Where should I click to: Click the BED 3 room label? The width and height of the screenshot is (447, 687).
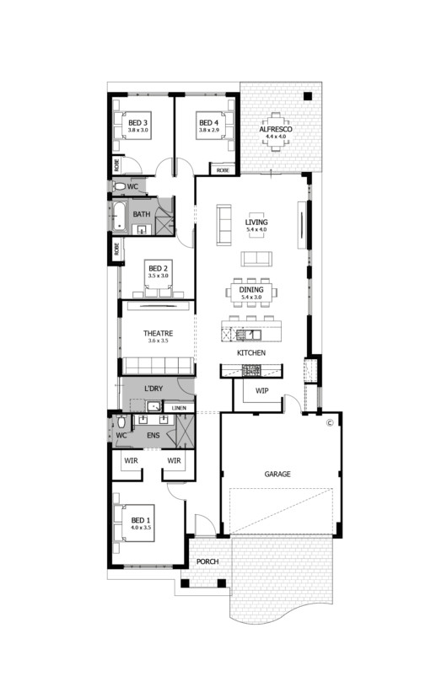(138, 123)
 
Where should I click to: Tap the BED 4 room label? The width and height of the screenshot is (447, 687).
(208, 123)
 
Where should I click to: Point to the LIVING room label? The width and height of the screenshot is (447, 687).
(256, 223)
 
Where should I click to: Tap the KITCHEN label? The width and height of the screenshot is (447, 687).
(251, 352)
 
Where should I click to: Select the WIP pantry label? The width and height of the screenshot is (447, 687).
(261, 390)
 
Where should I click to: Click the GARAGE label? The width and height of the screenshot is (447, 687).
(277, 475)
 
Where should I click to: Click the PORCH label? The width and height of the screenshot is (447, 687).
(207, 562)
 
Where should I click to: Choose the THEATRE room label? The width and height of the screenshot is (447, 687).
(159, 334)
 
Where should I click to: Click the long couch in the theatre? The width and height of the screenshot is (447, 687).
(159, 366)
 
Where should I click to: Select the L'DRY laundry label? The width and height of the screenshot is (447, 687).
(153, 388)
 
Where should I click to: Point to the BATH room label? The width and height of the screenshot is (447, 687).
(141, 214)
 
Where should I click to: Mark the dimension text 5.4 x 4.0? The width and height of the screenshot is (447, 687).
(255, 230)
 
